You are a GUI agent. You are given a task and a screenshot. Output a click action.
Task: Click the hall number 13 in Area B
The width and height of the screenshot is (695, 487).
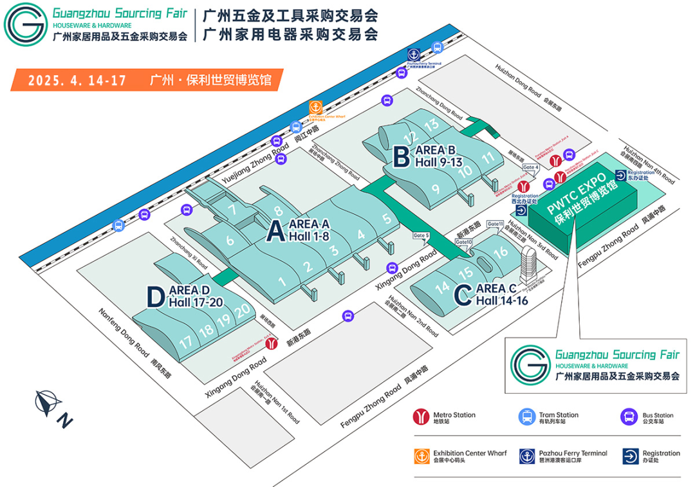[431, 124]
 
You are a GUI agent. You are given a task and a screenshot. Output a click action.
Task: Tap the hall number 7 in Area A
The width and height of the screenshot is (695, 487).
[232, 209]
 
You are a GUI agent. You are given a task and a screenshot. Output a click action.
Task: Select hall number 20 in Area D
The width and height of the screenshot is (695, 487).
[242, 311]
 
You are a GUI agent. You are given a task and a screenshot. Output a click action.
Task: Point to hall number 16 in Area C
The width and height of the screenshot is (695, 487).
[501, 252]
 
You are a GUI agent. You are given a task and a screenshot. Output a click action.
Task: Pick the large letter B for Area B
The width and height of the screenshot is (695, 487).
[400, 156]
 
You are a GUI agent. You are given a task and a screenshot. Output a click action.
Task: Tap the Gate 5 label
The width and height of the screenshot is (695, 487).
[421, 235]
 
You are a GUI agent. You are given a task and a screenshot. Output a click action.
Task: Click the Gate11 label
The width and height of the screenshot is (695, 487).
[495, 223]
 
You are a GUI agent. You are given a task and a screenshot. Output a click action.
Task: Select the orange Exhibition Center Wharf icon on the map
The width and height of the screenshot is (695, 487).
[316, 108]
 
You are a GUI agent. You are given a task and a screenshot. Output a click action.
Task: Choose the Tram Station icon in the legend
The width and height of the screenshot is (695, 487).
[526, 418]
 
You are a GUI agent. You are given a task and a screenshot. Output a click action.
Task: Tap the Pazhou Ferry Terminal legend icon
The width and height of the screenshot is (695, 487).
[526, 456]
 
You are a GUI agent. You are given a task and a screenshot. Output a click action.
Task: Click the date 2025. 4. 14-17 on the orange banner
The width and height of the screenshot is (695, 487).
[77, 80]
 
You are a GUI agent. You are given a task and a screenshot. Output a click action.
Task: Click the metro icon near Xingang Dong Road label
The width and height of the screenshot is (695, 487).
[272, 344]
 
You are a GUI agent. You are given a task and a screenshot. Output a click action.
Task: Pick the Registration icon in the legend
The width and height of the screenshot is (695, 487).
[631, 456]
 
